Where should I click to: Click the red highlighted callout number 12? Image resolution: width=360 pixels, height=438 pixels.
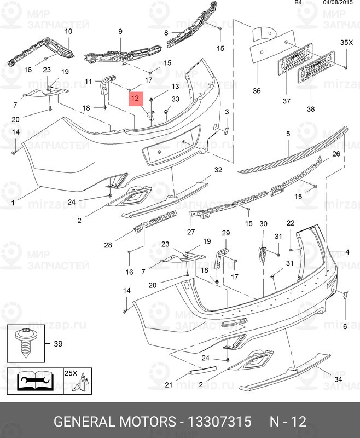pyautogui.click(x=135, y=99)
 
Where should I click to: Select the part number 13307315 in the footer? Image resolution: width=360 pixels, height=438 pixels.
pyautogui.click(x=219, y=422)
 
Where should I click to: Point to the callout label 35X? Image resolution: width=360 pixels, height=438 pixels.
pyautogui.click(x=347, y=42)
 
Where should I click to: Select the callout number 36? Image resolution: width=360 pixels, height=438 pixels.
pyautogui.click(x=257, y=91)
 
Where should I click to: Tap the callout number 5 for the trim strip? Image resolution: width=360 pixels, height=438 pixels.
pyautogui.click(x=288, y=134)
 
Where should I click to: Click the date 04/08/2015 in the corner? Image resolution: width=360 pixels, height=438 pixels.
pyautogui.click(x=338, y=3)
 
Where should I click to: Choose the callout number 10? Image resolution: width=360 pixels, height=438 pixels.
pyautogui.click(x=68, y=31)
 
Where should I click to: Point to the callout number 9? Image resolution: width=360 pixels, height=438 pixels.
pyautogui.click(x=120, y=31)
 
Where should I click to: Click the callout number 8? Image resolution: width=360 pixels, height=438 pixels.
pyautogui.click(x=166, y=33)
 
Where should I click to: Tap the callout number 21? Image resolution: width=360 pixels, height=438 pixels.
pyautogui.click(x=168, y=385)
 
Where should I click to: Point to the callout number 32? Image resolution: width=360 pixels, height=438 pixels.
pyautogui.click(x=218, y=170)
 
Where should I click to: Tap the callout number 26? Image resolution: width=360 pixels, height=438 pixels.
pyautogui.click(x=336, y=154)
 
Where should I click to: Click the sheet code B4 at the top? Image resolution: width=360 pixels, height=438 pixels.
pyautogui.click(x=298, y=3)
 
